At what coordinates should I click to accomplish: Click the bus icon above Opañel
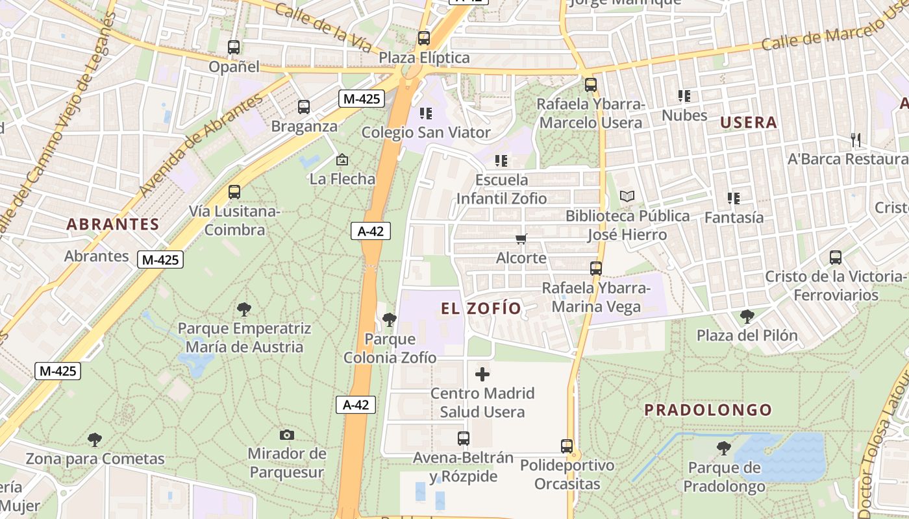pos(234,47)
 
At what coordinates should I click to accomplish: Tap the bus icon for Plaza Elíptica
pos(424,38)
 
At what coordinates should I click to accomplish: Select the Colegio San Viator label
pos(425,132)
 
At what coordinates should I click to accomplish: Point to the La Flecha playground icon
pos(342,160)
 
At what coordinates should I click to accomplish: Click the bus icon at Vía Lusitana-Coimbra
pos(234,192)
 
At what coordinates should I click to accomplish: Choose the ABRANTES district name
pos(113,224)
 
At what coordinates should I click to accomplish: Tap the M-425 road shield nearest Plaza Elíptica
pos(362,99)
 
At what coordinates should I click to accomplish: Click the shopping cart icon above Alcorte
pos(521,239)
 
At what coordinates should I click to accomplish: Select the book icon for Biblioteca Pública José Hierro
pos(627,196)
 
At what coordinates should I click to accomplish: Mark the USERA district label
pos(749,123)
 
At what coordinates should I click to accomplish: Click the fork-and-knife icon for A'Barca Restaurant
pos(856,139)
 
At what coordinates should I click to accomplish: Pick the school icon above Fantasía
pos(734,199)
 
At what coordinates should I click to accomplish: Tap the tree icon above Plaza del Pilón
pos(747,317)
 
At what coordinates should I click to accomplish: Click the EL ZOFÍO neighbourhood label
pos(481,308)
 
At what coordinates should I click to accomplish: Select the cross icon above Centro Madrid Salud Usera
pos(482,374)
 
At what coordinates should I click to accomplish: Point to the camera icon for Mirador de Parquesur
pos(287,435)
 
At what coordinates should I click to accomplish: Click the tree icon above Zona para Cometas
pos(95,440)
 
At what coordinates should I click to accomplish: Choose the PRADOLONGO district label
pos(708,410)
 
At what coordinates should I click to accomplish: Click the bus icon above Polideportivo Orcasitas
pos(567,446)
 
